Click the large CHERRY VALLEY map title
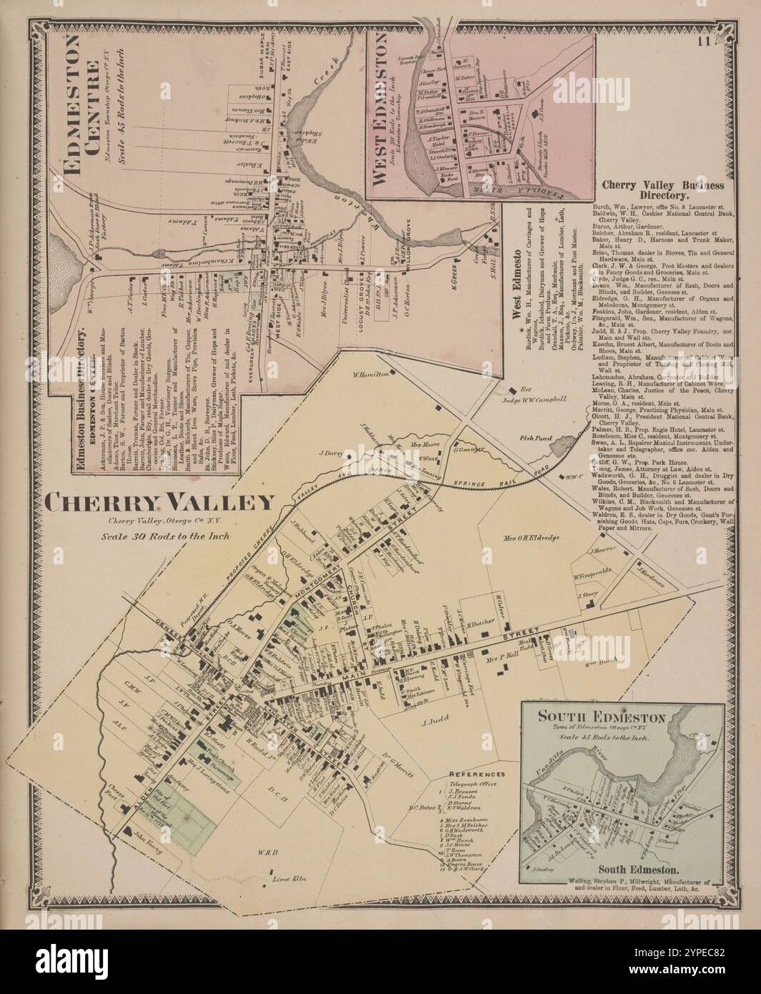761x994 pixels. [x=159, y=503]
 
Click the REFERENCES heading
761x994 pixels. [x=477, y=774]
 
